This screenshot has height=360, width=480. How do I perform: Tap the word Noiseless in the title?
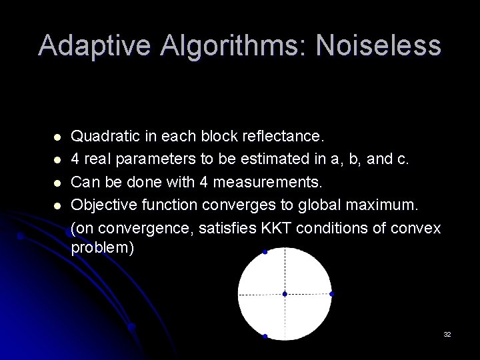[378, 46]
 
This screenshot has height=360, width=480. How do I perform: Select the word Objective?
[102, 205]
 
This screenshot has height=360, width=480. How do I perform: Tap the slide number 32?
[447, 334]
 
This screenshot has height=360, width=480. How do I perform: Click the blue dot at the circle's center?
[285, 294]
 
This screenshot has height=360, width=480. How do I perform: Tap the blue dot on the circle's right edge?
[331, 294]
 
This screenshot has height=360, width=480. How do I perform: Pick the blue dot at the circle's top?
[265, 252]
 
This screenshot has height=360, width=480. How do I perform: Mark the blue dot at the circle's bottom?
[265, 337]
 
